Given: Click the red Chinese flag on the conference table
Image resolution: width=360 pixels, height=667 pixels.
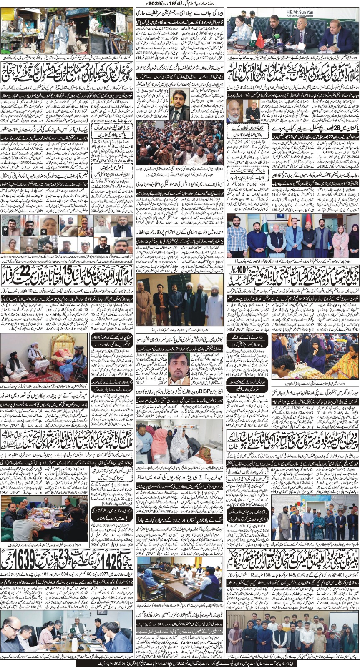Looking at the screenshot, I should [259, 39].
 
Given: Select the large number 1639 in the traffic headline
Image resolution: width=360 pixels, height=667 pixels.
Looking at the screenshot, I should [14, 562].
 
